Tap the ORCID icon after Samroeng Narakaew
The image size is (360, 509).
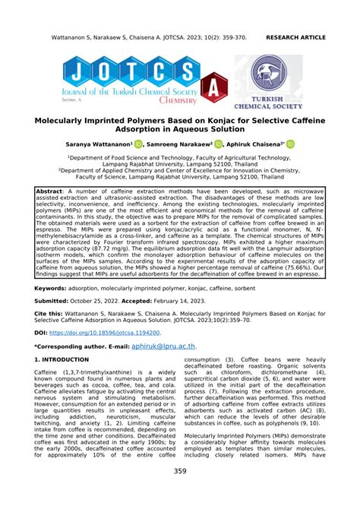(239, 143)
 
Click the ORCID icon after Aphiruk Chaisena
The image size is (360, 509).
(311, 143)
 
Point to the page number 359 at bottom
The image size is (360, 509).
(180, 493)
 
